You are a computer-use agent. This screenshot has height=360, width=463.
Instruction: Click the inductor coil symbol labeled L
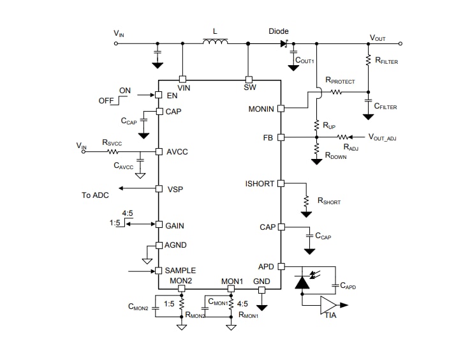216,43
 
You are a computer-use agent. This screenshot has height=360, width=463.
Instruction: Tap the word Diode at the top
278,31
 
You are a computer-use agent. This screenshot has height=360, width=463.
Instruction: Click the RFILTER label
388,61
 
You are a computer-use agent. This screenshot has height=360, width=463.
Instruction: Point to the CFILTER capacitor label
385,107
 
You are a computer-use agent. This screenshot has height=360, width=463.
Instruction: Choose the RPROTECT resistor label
340,81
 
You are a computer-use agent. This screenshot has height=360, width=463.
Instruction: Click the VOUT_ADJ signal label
387,137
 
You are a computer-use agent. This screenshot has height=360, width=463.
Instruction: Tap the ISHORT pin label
260,184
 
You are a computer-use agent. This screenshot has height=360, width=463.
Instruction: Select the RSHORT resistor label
328,202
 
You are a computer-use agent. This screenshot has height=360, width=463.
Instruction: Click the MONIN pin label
261,109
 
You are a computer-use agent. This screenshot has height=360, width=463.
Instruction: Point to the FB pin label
268,137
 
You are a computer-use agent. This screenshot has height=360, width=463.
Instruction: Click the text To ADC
95,195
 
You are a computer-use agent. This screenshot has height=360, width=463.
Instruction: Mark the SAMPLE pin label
180,271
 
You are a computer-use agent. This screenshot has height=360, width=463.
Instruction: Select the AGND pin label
176,245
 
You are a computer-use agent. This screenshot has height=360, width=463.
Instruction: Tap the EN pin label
172,95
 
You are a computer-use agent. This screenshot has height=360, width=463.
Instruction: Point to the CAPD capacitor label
348,287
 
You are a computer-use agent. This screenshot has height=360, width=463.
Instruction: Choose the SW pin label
249,87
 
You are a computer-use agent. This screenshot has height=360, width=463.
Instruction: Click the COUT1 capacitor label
305,61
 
